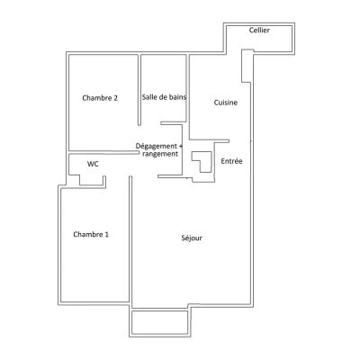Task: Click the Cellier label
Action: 259,31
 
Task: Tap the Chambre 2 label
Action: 100,98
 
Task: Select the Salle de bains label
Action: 164,97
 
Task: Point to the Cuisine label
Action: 226,103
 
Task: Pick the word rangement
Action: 160,154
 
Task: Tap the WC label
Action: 93,164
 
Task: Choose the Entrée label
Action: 231,161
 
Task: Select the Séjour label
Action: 192,238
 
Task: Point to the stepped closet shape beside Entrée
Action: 202,163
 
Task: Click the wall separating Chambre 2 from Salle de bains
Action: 139,90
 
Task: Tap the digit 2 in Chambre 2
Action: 116,98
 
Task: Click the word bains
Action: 176,97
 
